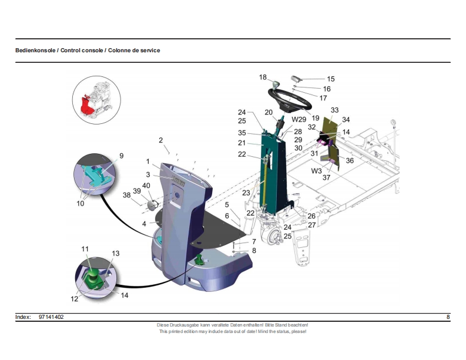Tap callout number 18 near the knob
coord(263,77)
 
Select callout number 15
coord(331,79)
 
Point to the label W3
coord(317,171)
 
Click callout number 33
coord(334,110)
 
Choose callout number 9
coord(121,156)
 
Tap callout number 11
coord(85,250)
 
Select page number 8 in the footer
coord(448,317)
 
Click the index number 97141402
coord(51,317)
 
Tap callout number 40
coord(146,186)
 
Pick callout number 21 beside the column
coord(242,143)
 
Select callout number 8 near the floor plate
coord(254,250)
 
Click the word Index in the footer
coord(23,317)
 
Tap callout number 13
coord(116,253)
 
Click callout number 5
coord(227,204)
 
